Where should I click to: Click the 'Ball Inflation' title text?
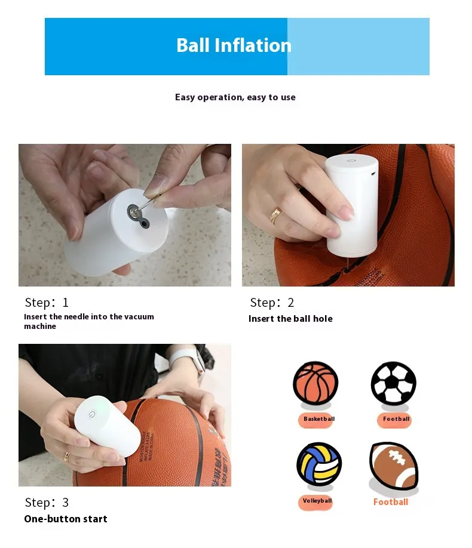tap(234, 45)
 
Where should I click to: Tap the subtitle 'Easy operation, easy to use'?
tap(235, 97)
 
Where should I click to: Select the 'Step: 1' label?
tap(47, 302)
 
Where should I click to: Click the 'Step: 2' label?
tap(272, 302)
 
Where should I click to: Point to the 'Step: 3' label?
tap(47, 502)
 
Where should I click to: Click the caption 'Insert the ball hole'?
tap(290, 319)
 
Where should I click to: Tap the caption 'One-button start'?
tap(66, 519)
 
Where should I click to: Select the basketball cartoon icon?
tap(315, 383)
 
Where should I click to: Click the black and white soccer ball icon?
tap(394, 383)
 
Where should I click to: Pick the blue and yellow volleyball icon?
tap(319, 464)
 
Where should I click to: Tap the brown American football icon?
tap(394, 466)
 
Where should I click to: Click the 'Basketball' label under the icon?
tap(319, 418)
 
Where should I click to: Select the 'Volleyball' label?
tap(317, 501)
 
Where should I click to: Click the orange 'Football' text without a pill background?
tap(391, 502)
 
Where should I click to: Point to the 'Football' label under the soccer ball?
tap(396, 418)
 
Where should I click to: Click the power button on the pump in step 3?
tap(91, 414)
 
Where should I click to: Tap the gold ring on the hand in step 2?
tap(275, 215)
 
